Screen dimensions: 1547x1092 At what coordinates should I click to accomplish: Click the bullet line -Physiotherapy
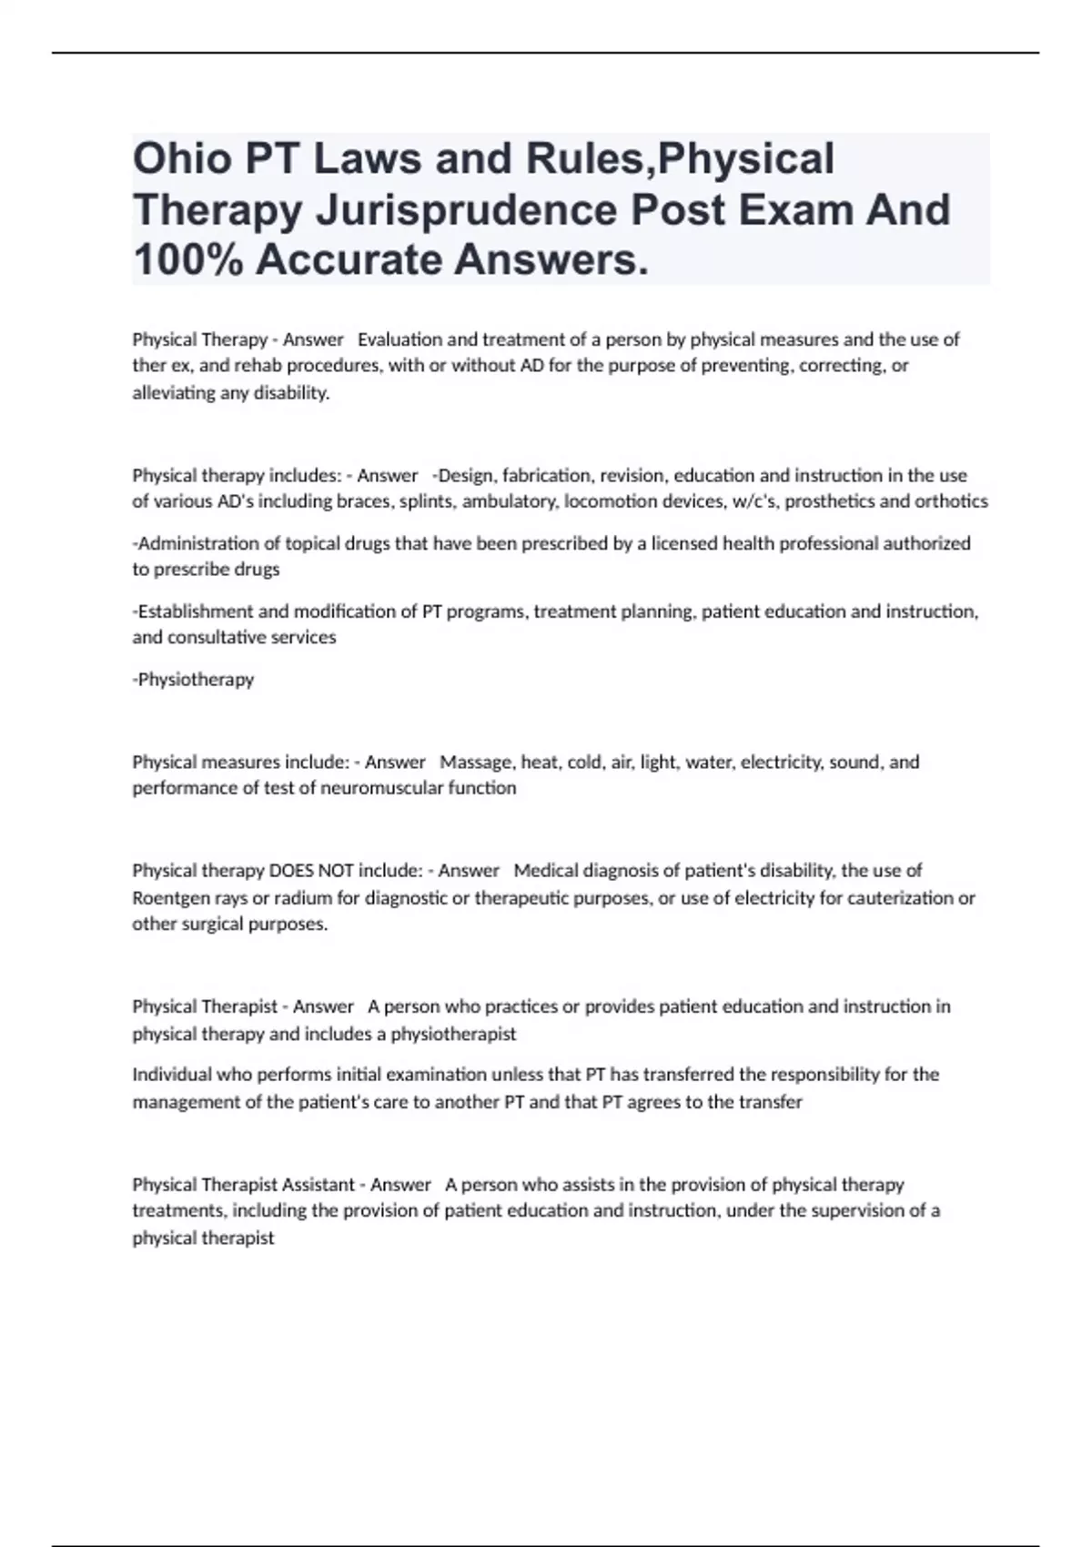[194, 680]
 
